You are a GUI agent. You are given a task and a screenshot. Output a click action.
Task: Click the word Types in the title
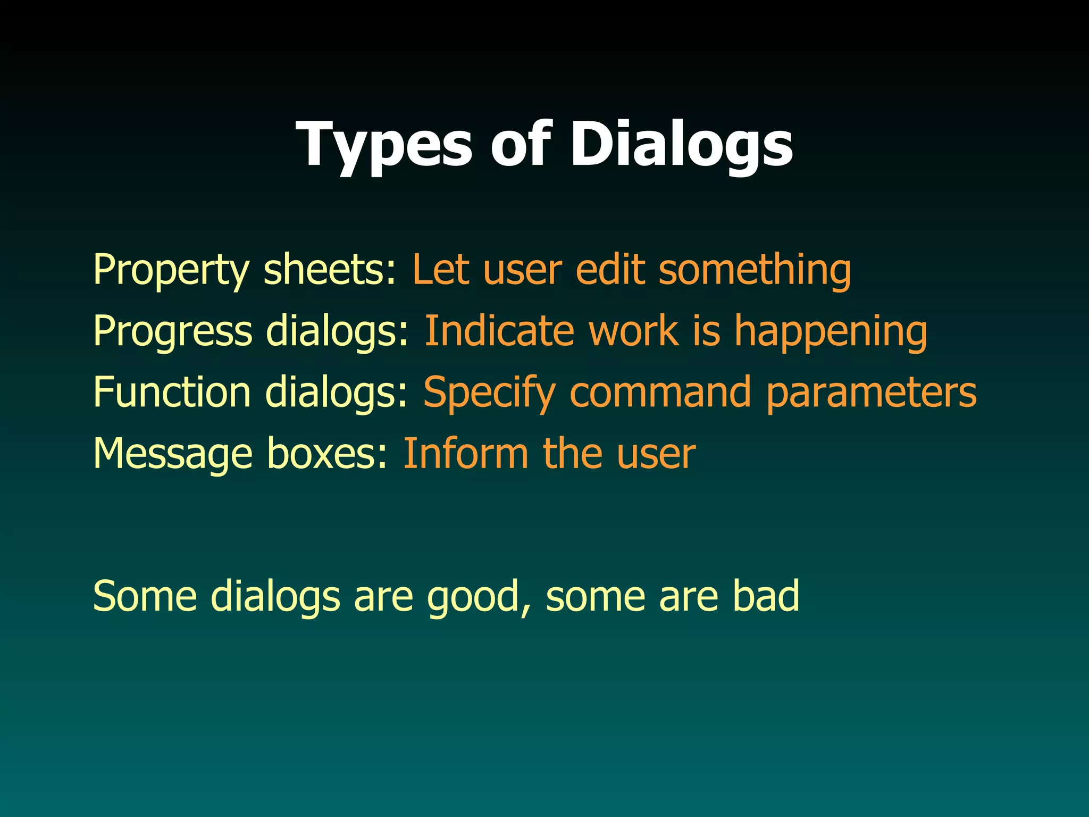tap(383, 145)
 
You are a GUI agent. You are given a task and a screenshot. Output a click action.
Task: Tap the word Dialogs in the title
tap(681, 145)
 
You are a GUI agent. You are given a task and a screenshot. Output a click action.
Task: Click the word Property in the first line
tap(171, 270)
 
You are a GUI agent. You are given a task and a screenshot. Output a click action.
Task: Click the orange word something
tap(755, 270)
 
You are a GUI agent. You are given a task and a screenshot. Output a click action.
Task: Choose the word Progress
tap(172, 331)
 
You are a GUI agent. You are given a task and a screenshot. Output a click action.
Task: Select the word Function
tap(172, 393)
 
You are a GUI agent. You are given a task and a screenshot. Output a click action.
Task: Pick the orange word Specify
tap(489, 393)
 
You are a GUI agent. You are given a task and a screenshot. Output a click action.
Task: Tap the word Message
tap(173, 454)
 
